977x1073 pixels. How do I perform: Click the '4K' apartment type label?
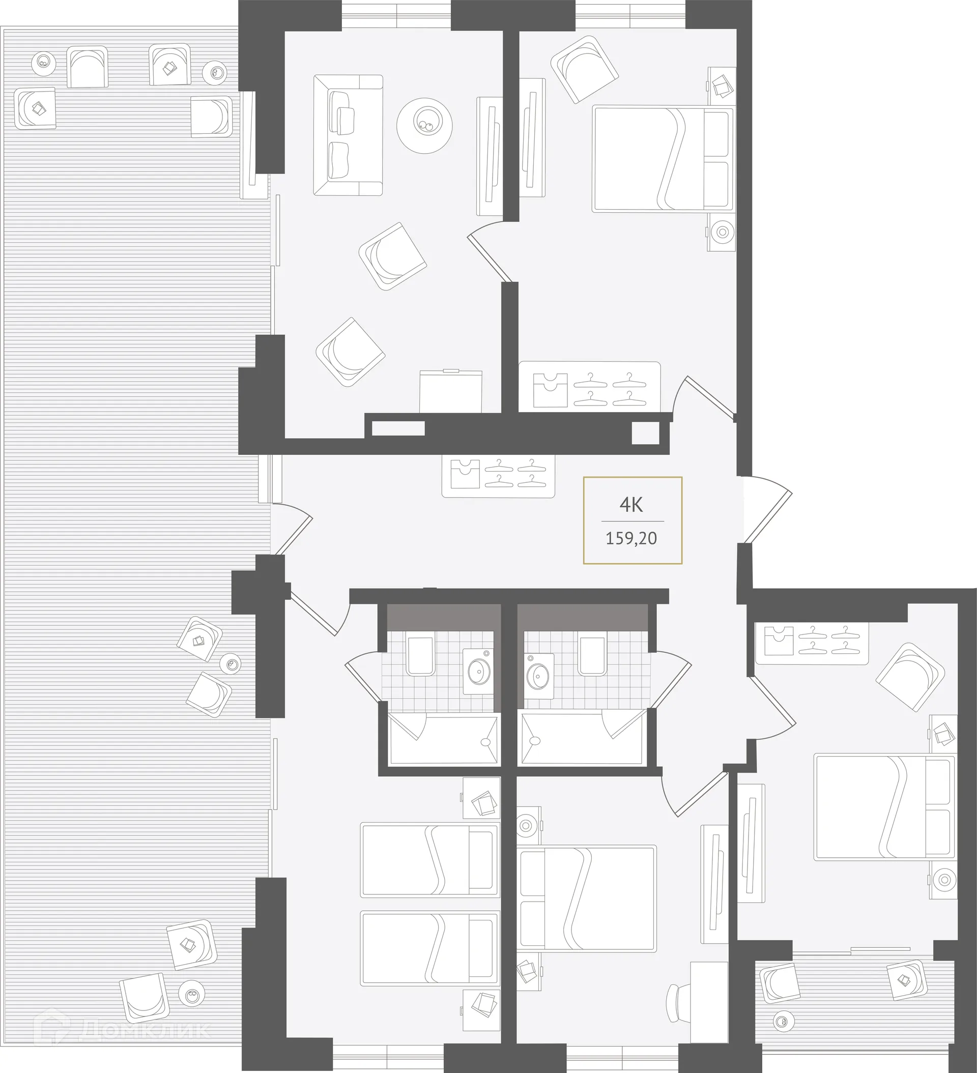click(631, 504)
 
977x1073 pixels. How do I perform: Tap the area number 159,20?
click(631, 538)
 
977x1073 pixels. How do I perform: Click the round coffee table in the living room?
click(424, 126)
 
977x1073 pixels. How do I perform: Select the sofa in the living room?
click(348, 135)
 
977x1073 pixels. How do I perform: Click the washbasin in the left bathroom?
click(479, 671)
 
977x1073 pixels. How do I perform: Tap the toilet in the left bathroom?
click(421, 656)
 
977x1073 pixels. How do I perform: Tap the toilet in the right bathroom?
click(593, 656)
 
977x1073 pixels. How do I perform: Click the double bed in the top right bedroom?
click(663, 159)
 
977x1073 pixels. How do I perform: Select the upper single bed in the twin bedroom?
click(429, 860)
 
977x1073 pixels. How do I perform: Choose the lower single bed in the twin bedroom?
click(429, 948)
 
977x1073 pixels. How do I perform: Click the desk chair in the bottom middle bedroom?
click(678, 1002)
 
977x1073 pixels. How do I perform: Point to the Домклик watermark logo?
click(123, 1030)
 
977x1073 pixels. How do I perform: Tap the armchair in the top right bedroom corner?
click(585, 69)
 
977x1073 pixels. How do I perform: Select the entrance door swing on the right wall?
click(767, 508)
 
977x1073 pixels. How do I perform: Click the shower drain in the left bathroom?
click(485, 742)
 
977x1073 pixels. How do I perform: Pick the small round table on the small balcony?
click(781, 1020)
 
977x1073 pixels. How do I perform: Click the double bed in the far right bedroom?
click(884, 806)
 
